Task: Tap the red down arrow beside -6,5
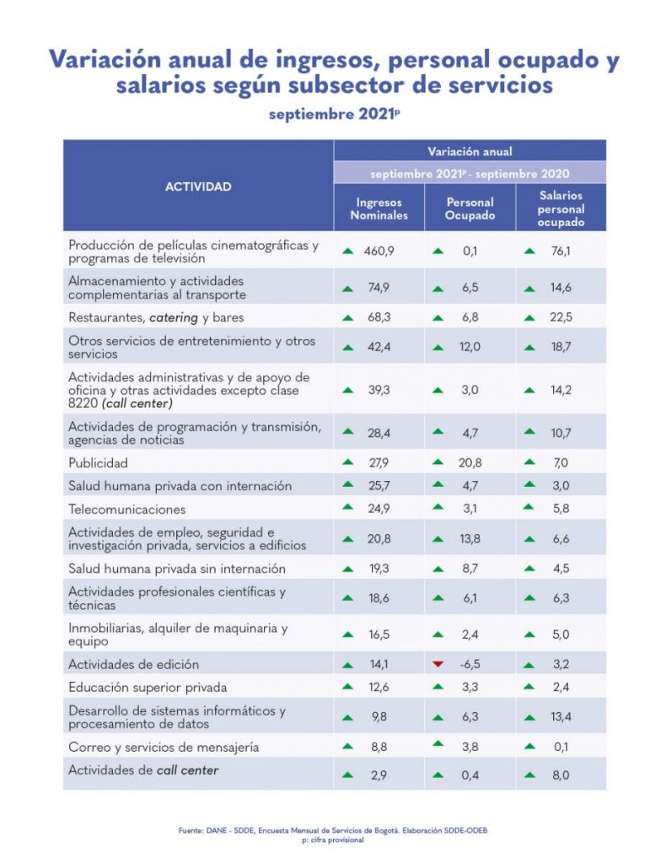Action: point(438,664)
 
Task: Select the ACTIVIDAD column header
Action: point(198,186)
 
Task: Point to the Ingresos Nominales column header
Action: point(379,208)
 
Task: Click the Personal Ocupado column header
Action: point(470,208)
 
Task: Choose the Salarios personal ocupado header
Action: point(561,208)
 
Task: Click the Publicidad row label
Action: point(98,462)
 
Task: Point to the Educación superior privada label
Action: point(148,687)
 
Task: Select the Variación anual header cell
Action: point(470,152)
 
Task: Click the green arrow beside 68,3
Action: point(346,318)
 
